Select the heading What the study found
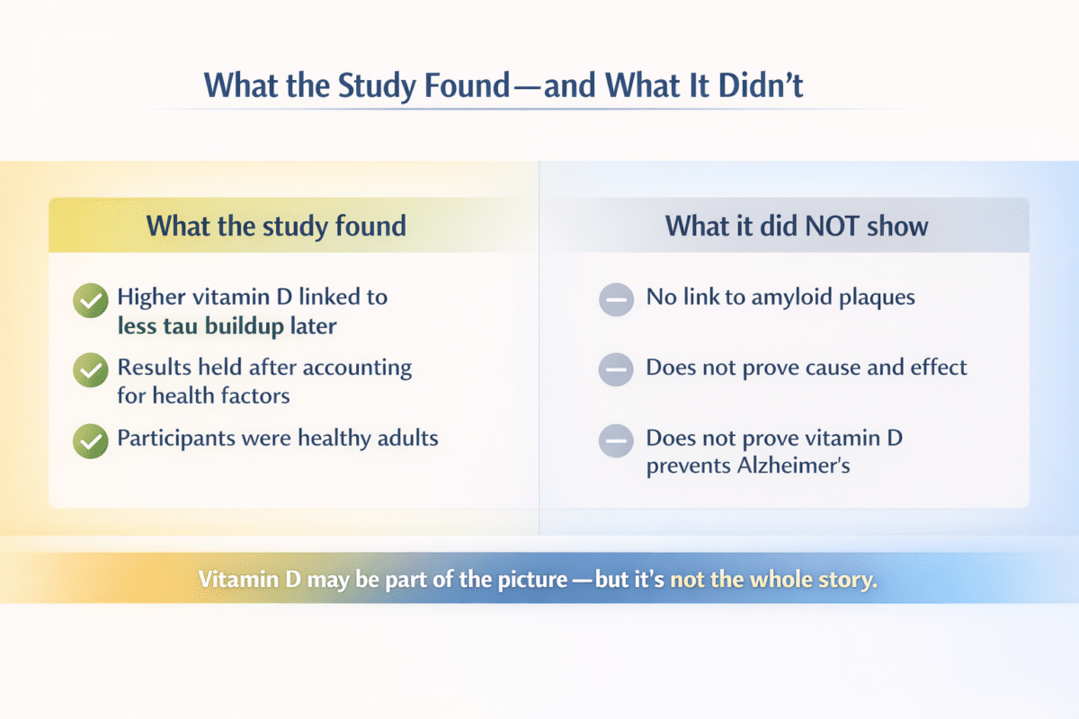coord(276,225)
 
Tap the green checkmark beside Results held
coord(89,369)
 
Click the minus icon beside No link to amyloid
coord(616,299)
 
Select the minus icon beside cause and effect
coord(616,369)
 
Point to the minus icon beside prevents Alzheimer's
coord(616,440)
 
